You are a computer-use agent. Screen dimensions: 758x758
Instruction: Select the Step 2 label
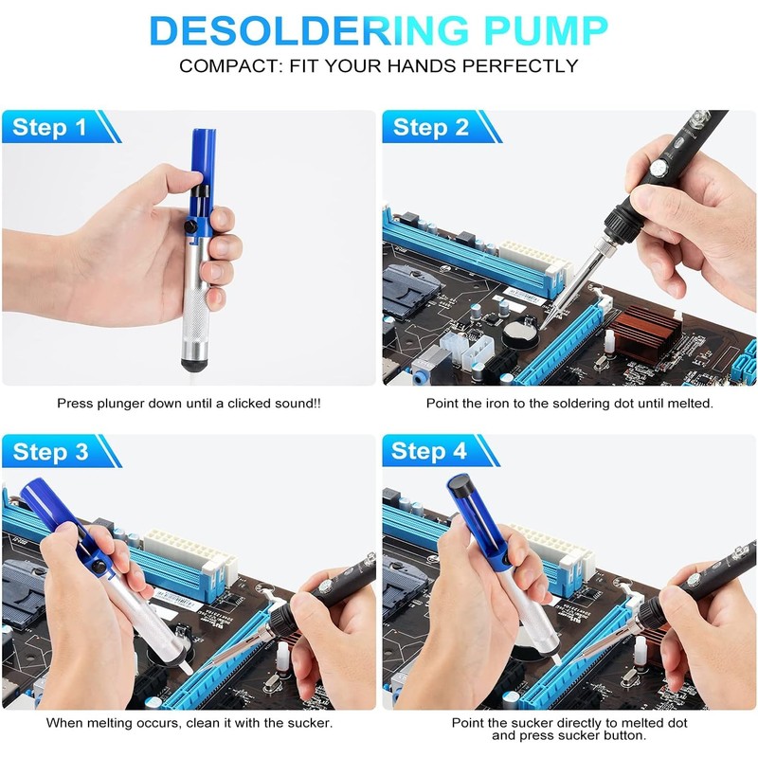point(431,128)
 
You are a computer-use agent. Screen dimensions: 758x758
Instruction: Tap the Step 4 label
point(431,451)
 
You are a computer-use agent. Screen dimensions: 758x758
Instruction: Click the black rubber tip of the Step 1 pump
point(190,367)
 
